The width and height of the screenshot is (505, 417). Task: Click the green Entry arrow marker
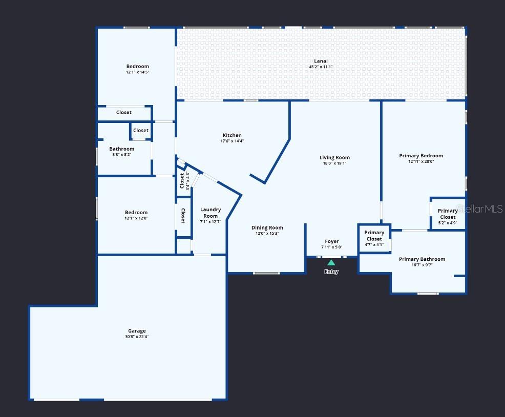point(331,263)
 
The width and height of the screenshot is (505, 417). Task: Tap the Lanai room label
point(321,61)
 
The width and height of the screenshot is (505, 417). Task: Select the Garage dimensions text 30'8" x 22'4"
point(137,337)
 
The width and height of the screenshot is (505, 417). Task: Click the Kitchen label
point(232,135)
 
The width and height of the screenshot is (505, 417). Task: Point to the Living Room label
point(334,158)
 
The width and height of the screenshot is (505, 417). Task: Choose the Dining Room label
point(267,228)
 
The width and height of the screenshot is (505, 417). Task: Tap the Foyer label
point(332,241)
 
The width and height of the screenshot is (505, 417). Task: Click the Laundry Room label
point(211,213)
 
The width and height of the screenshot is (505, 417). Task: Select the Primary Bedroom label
point(421,156)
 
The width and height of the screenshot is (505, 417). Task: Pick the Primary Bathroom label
point(422,259)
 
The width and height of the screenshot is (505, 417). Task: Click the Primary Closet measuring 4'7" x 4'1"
point(374,239)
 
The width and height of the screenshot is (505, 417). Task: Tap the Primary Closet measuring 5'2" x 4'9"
point(448,217)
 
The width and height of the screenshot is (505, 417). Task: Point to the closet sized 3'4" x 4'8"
point(184,181)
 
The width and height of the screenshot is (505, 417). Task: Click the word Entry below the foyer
point(331,272)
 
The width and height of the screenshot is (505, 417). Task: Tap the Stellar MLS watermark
point(479,209)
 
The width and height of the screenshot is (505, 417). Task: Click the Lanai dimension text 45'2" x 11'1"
point(321,67)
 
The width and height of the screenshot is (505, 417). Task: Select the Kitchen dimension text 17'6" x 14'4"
point(232,141)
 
